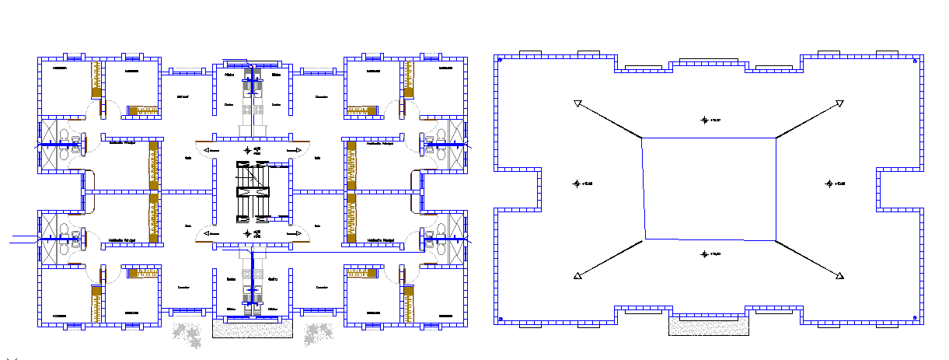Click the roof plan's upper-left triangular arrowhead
pos(577,103)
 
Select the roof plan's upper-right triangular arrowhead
pos(839,103)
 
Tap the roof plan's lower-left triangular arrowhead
pos(577,275)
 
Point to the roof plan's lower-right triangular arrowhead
pos(839,275)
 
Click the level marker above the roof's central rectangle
pos(705,120)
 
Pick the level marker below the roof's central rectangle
pos(705,253)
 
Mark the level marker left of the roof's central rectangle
pos(577,183)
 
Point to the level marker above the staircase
pos(247,149)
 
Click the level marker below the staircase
pos(247,232)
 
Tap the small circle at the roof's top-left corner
pos(501,58)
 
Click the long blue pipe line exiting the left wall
pos(22,242)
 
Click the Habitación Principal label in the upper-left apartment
pos(123,142)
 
